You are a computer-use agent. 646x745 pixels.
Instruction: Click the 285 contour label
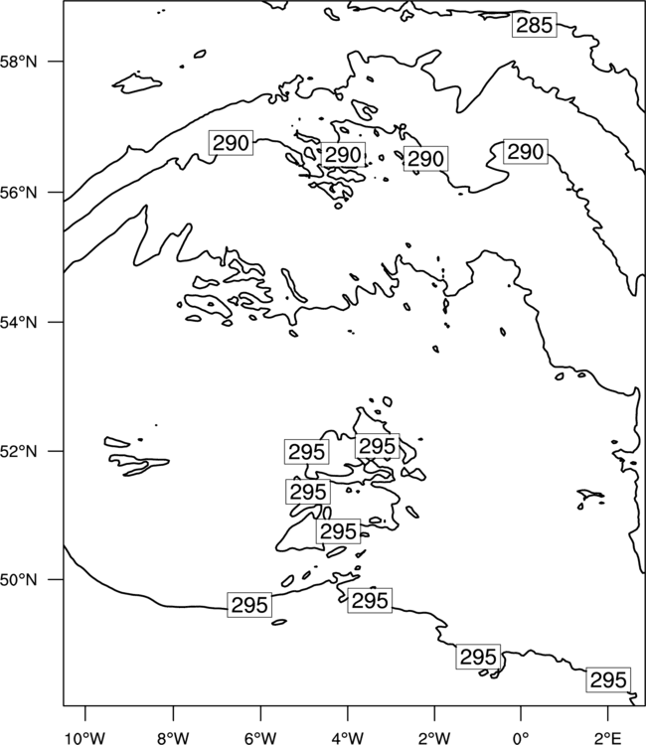[x=535, y=25]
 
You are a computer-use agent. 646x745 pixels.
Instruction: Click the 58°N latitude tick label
[x=19, y=62]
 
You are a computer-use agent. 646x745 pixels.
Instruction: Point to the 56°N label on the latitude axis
[x=19, y=193]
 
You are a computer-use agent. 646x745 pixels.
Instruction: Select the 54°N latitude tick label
[x=19, y=323]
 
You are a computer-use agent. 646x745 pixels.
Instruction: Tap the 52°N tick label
[x=19, y=451]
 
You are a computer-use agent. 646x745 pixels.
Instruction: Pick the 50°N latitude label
[x=19, y=580]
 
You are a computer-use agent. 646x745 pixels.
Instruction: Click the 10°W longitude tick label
[x=85, y=738]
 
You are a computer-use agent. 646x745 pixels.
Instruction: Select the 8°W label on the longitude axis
[x=173, y=738]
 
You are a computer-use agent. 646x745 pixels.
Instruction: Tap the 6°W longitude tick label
[x=260, y=738]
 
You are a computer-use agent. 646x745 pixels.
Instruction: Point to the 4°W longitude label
[x=348, y=738]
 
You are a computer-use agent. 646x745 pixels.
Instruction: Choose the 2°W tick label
[x=434, y=738]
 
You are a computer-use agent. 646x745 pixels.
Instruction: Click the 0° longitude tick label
[x=521, y=738]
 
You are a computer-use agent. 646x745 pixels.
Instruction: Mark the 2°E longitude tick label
[x=608, y=738]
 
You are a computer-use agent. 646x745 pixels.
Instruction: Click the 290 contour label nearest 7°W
[x=231, y=142]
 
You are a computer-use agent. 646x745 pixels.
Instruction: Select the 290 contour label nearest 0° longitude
[x=526, y=152]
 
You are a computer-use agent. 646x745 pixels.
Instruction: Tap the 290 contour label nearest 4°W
[x=343, y=154]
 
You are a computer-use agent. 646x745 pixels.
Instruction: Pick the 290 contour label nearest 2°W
[x=426, y=159]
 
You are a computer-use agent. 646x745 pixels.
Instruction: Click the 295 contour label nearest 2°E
[x=608, y=679]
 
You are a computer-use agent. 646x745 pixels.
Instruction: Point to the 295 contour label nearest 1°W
[x=478, y=657]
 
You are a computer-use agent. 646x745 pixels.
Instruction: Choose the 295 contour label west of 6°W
[x=249, y=605]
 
